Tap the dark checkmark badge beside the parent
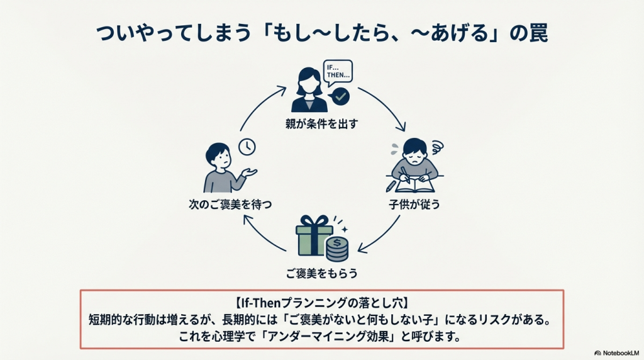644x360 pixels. point(340,96)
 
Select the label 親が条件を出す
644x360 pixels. point(321,124)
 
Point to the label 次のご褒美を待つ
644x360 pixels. point(222,205)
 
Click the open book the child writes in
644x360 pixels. point(415,185)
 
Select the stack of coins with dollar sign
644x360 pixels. point(337,249)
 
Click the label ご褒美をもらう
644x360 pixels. point(321,274)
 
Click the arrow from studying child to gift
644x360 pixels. point(384,239)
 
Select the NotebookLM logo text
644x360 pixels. point(619,353)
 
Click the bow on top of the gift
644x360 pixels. point(314,221)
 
